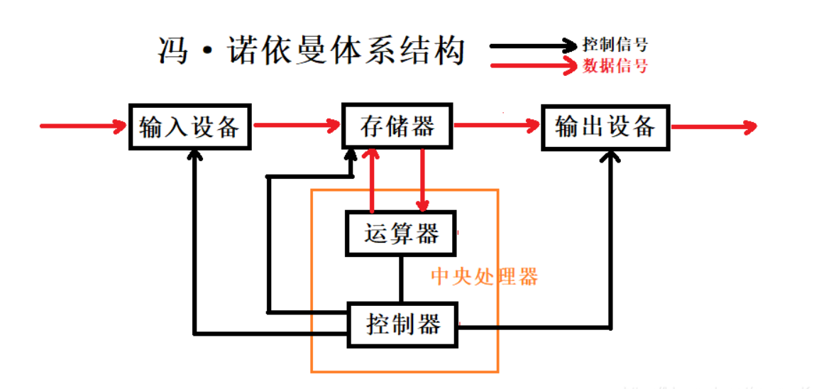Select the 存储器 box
point(397,127)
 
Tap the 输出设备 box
point(605,127)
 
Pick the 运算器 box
point(401,234)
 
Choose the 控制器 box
point(402,325)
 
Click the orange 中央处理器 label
point(485,276)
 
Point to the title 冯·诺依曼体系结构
point(311,51)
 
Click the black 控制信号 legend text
point(615,45)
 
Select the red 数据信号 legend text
point(615,67)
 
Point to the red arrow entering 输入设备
point(82,127)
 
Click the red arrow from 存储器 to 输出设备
point(497,127)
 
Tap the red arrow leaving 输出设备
point(713,128)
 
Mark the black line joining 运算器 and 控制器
point(401,279)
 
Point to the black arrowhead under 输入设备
point(194,158)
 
